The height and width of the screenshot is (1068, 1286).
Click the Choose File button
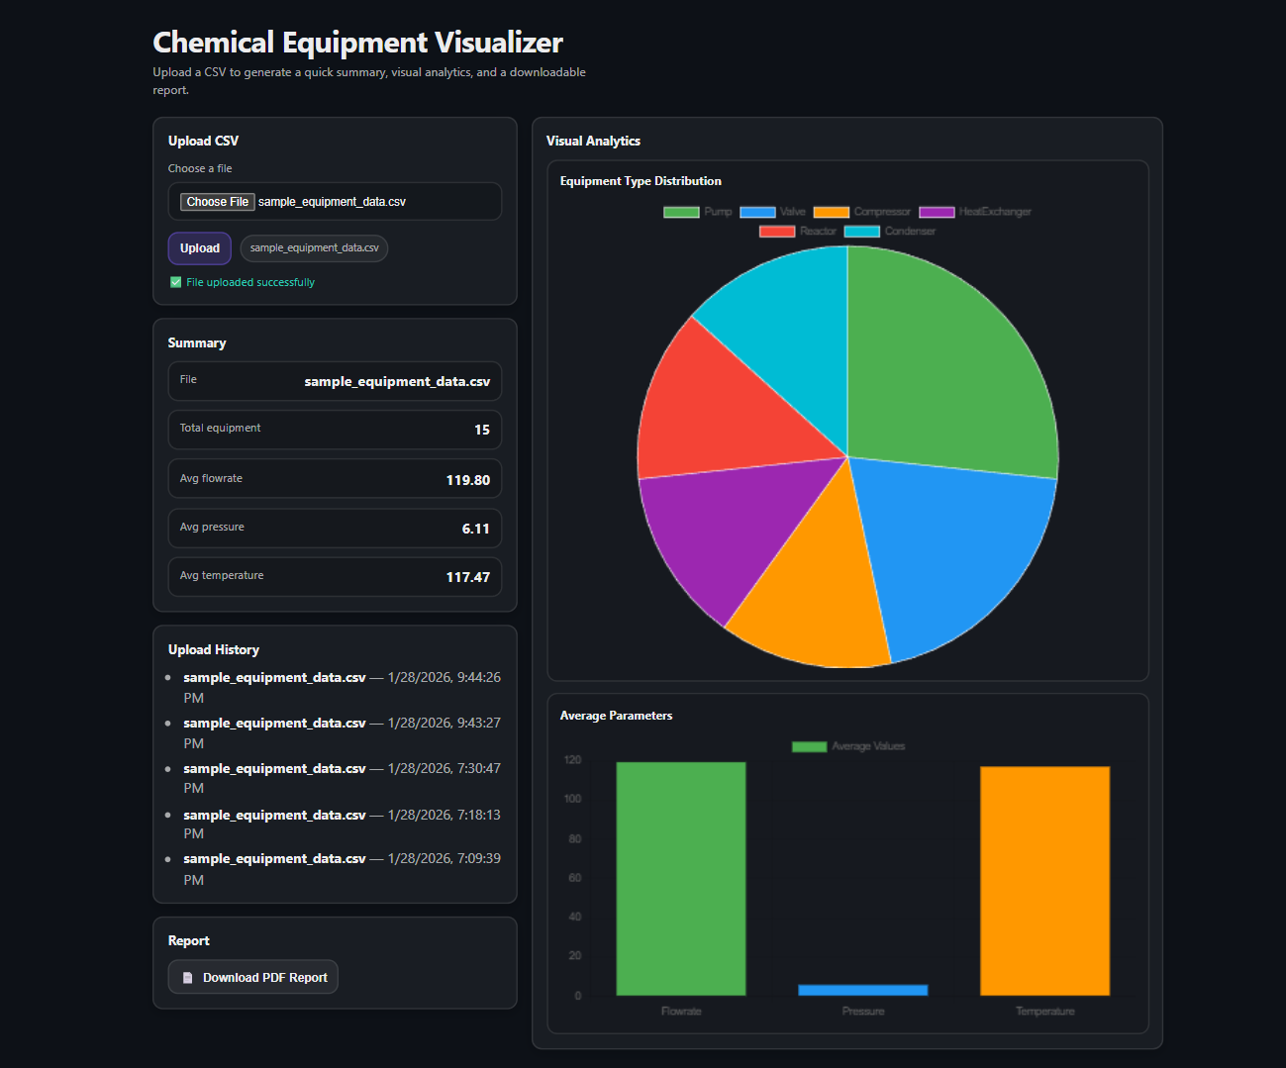tap(217, 202)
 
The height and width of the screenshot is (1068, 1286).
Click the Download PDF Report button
tap(253, 977)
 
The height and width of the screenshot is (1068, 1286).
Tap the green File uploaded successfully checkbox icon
tap(176, 282)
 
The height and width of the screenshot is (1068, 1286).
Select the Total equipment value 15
tap(481, 430)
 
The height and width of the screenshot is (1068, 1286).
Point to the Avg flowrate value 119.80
tap(467, 480)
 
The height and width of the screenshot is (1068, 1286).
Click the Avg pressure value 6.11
tap(475, 529)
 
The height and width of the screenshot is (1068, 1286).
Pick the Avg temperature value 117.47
tap(467, 577)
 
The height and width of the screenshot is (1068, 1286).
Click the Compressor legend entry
tap(861, 212)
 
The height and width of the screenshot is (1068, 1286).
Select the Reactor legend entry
tap(798, 232)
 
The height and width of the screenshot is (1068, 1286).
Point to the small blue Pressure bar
tap(862, 990)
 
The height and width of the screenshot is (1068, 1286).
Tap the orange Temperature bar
tap(1044, 880)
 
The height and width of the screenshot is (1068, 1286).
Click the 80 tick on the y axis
tap(574, 839)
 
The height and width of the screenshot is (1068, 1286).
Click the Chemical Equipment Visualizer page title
tap(357, 43)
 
